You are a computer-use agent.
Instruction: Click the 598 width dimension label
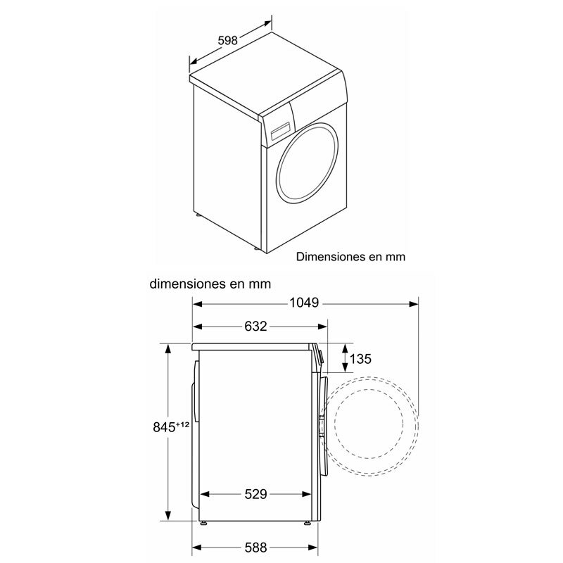[227, 41]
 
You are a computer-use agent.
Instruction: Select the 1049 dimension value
[304, 303]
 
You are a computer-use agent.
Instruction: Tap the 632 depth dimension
[256, 326]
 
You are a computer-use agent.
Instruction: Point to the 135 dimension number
[360, 359]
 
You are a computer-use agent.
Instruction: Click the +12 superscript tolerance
[184, 424]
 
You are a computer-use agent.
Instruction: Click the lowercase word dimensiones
[185, 284]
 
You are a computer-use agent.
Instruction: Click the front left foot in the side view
[204, 524]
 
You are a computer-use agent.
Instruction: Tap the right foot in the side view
[308, 524]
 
